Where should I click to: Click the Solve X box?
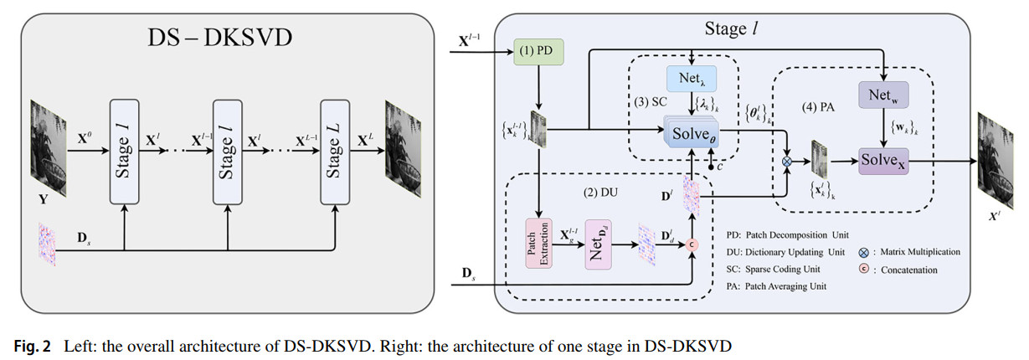(883, 157)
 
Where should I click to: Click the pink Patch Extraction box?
(539, 243)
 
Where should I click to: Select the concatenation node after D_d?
(692, 244)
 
